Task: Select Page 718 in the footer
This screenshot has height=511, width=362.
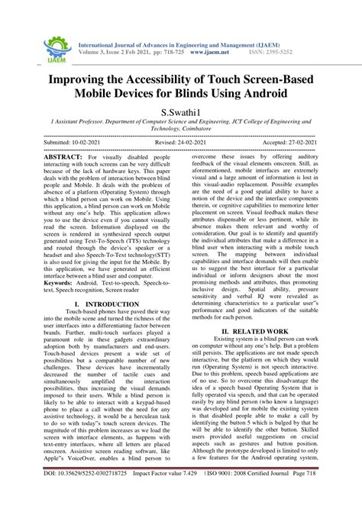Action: (335, 495)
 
